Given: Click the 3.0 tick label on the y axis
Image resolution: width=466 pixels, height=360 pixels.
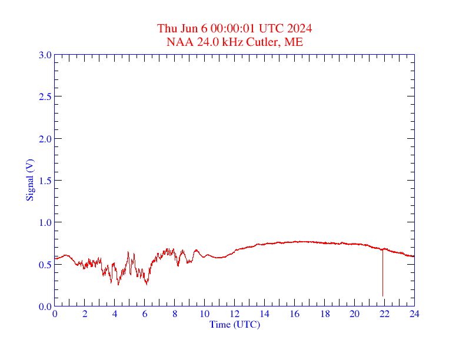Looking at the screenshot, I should click(45, 55).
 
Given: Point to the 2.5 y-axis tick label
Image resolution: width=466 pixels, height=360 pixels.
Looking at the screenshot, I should click(45, 97).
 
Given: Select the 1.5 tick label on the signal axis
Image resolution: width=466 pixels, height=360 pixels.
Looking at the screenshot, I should click(45, 181).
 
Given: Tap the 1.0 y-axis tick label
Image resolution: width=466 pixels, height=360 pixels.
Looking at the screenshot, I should click(45, 222).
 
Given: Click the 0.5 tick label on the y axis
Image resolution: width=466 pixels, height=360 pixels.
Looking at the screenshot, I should click(45, 265).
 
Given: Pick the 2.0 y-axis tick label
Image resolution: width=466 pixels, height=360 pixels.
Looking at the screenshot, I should click(45, 139).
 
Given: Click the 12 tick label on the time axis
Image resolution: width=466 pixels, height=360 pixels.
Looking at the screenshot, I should click(235, 314).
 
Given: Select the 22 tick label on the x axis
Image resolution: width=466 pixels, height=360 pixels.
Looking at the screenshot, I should click(384, 314).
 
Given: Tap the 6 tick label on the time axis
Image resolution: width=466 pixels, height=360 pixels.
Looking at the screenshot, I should click(145, 314).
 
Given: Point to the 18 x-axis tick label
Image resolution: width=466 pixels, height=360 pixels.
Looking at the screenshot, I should click(324, 314).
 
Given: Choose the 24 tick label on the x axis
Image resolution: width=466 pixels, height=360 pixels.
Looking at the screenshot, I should click(414, 314).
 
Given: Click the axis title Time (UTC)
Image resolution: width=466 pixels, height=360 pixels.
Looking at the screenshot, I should click(235, 324).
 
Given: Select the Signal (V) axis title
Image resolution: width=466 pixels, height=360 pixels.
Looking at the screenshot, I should click(29, 180).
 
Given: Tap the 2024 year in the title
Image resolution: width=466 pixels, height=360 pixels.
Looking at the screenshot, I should click(299, 29).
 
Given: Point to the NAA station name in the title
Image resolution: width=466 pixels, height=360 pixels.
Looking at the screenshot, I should click(178, 42).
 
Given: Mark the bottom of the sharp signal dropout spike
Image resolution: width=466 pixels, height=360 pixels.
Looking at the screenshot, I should click(382, 295).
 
